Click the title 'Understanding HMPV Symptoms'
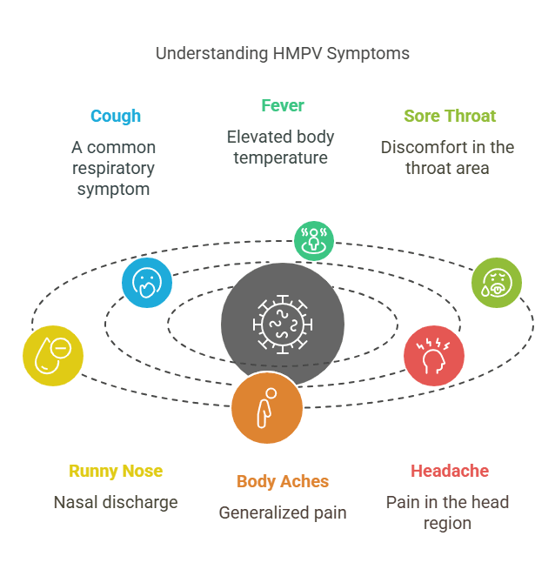[x=283, y=54]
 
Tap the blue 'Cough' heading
[x=116, y=117]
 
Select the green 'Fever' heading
[x=283, y=106]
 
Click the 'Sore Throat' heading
[x=450, y=116]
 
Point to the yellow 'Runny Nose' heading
[x=116, y=471]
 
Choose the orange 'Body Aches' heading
[x=283, y=481]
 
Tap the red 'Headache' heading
[x=450, y=471]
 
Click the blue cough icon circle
[x=147, y=283]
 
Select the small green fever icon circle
[x=314, y=241]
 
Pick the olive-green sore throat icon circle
[x=497, y=283]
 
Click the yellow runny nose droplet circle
[x=53, y=356]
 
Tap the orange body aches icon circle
[x=267, y=408]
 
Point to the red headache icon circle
[x=434, y=356]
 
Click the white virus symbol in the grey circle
[x=283, y=325]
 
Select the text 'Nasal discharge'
[x=116, y=503]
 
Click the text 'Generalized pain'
[x=283, y=512]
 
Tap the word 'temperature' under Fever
[x=281, y=158]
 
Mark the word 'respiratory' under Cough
[x=113, y=169]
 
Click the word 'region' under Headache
[x=447, y=524]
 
